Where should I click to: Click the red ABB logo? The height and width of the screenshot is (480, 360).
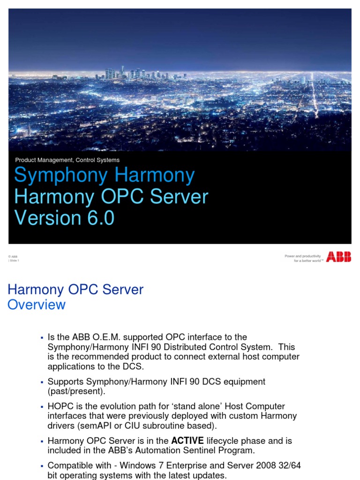[x=338, y=256]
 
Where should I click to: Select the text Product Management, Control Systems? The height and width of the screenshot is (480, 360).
[x=67, y=160]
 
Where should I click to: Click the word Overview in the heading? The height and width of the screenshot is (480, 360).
[x=37, y=305]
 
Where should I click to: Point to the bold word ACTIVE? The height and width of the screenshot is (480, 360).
[x=187, y=441]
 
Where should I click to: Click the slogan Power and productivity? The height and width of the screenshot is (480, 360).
[x=303, y=256]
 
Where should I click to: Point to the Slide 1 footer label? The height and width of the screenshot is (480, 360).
[x=14, y=261]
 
